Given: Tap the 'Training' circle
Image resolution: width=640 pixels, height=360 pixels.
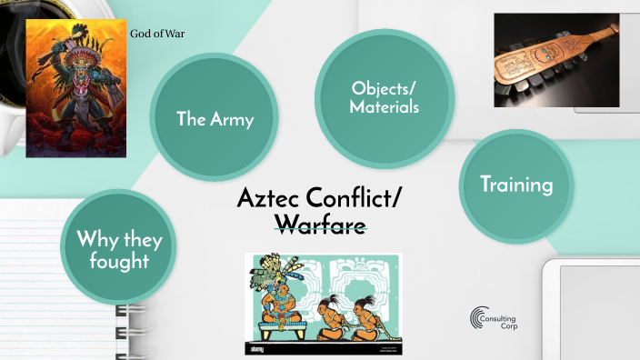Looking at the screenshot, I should pos(516,185).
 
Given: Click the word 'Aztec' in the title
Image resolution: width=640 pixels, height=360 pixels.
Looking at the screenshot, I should pos(272,198).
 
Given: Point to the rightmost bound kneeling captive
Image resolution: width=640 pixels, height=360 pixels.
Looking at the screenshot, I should pos(364,314).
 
